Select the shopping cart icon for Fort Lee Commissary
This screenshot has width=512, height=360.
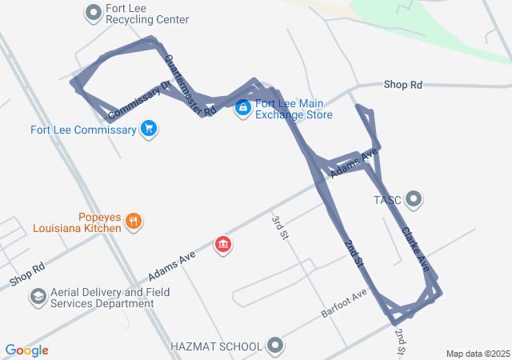tap(148, 128)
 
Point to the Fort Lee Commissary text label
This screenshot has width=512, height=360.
tap(84, 130)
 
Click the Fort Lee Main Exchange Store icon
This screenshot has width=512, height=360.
tap(242, 108)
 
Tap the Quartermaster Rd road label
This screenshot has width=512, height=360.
tap(190, 86)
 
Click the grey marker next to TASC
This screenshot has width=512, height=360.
tap(414, 198)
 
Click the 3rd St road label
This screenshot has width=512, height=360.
tap(278, 228)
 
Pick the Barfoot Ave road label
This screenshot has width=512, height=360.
tap(343, 303)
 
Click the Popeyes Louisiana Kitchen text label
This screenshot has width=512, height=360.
tap(77, 222)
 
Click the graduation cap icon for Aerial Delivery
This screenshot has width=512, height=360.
tap(38, 298)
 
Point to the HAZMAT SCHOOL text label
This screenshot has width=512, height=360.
tap(216, 346)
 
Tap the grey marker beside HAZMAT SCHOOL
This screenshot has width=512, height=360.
tap(276, 346)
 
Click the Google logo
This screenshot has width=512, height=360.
tap(27, 350)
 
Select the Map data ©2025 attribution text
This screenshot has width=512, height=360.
tap(478, 354)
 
